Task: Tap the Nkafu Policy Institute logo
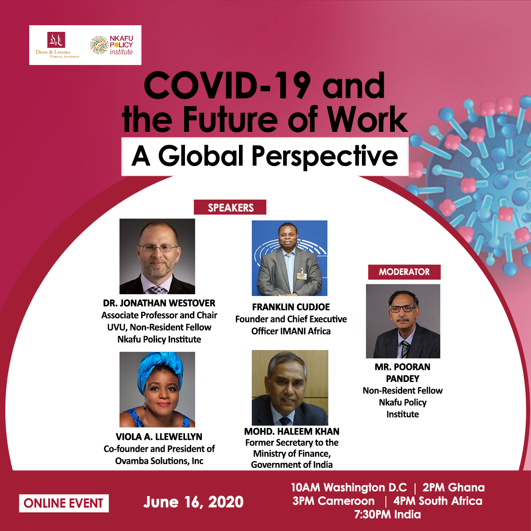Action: [112, 45]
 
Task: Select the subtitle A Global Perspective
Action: [265, 156]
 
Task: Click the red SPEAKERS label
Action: [230, 207]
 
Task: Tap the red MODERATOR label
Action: [404, 272]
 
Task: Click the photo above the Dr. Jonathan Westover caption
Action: [157, 256]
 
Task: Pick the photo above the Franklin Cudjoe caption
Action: [289, 258]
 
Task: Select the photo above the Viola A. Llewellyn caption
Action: [157, 389]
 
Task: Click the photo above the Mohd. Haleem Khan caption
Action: [290, 388]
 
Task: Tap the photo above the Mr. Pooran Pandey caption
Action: [403, 321]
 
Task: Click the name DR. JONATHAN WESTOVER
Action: [159, 303]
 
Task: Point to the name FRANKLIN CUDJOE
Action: [291, 307]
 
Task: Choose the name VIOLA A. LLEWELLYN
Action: [159, 437]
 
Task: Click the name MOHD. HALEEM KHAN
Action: [292, 431]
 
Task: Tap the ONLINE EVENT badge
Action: [64, 503]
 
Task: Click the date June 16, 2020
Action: [193, 502]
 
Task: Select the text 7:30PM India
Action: [388, 515]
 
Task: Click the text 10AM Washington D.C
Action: [349, 488]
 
